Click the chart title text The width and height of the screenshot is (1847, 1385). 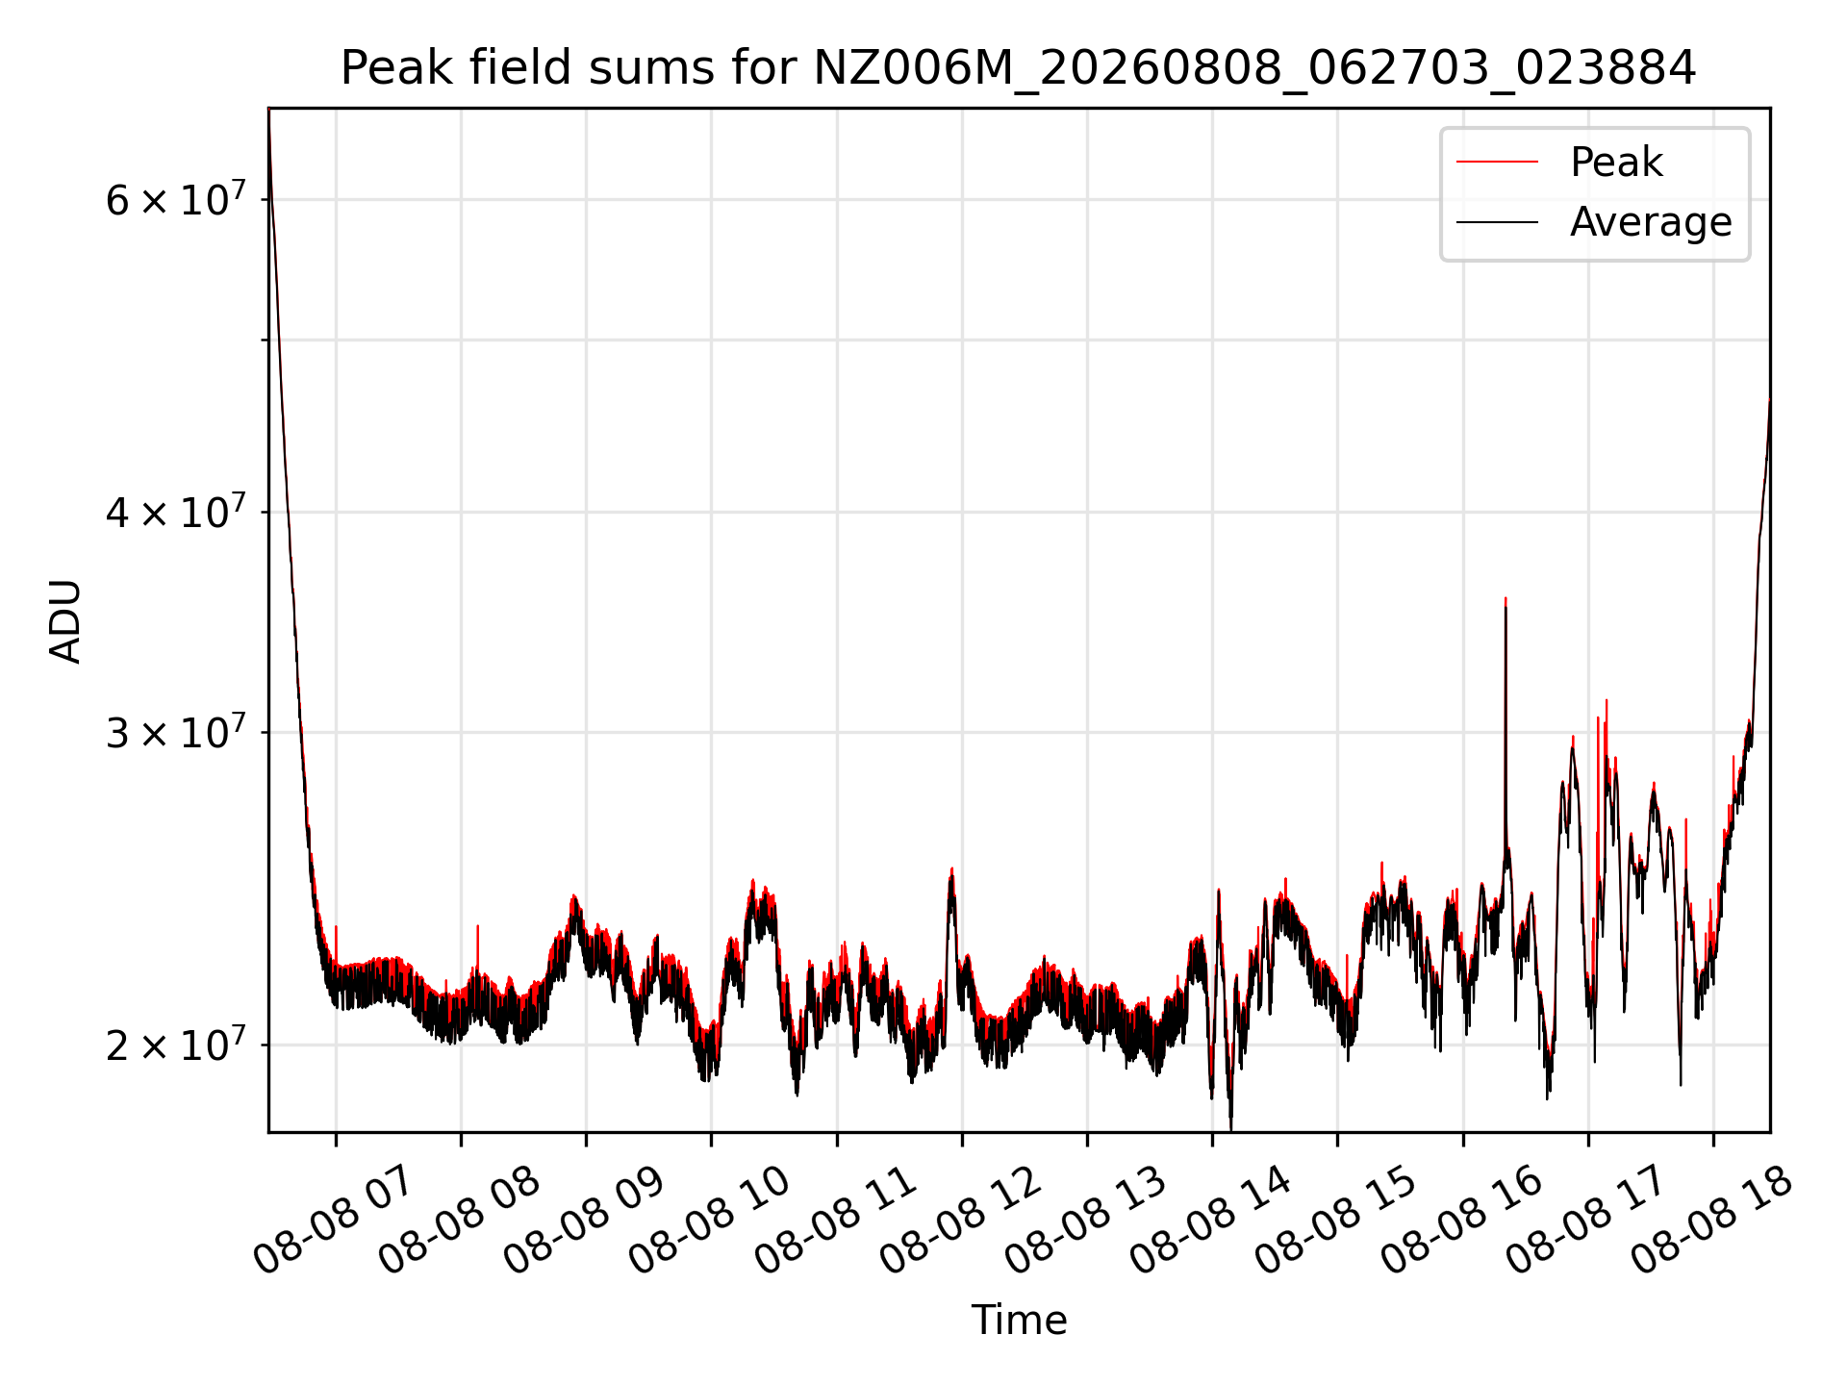pyautogui.click(x=1018, y=68)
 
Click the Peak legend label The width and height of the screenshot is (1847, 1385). pyautogui.click(x=1616, y=163)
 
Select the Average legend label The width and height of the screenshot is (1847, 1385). pyautogui.click(x=1651, y=222)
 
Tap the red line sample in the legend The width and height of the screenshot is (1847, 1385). pyautogui.click(x=1498, y=163)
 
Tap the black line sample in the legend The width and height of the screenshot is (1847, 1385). pyautogui.click(x=1498, y=222)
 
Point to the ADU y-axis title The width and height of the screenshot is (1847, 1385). pyautogui.click(x=65, y=621)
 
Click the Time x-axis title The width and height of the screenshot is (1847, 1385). pyautogui.click(x=1019, y=1321)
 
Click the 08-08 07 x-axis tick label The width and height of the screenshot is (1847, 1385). pyautogui.click(x=333, y=1221)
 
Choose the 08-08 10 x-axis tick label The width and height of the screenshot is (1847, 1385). pyautogui.click(x=708, y=1221)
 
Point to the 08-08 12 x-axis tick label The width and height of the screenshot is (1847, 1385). pyautogui.click(x=959, y=1221)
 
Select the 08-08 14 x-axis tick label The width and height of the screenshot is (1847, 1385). pyautogui.click(x=1209, y=1221)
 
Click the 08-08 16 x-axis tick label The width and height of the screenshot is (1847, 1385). pyautogui.click(x=1460, y=1221)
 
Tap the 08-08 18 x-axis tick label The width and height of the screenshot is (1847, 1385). pyautogui.click(x=1710, y=1221)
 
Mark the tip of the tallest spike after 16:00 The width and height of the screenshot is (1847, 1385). pyautogui.click(x=1505, y=598)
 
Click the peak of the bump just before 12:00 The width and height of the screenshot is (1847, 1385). pyautogui.click(x=952, y=869)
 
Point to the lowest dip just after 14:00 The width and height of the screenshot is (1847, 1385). pyautogui.click(x=1231, y=1129)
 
